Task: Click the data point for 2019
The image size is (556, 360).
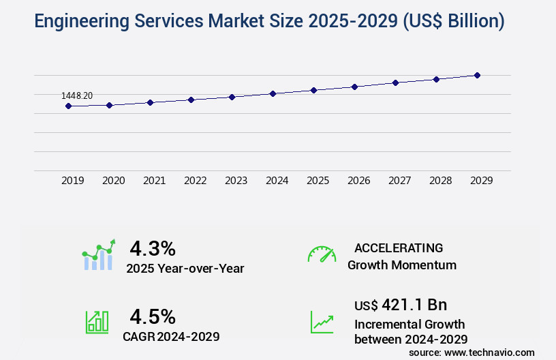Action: tap(68, 106)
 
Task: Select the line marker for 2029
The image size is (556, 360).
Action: tap(477, 75)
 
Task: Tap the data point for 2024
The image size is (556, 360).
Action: tap(273, 93)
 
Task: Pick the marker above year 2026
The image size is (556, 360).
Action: tap(354, 87)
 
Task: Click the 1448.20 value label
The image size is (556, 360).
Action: tap(77, 96)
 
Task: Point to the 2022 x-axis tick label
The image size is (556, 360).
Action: tap(195, 181)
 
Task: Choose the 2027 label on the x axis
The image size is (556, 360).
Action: tap(399, 181)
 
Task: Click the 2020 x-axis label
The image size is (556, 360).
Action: tap(113, 181)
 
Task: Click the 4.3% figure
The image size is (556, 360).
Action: tap(153, 247)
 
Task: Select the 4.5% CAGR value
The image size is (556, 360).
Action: tap(153, 316)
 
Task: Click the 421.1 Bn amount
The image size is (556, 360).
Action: tap(414, 305)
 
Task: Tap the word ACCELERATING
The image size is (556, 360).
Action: tap(399, 247)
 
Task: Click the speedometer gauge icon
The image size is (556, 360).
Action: tap(322, 254)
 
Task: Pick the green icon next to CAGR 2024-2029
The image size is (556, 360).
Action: tap(97, 322)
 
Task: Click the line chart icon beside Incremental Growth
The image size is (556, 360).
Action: tap(322, 322)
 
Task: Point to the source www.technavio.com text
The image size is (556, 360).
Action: tap(472, 352)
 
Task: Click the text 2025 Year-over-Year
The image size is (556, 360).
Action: tap(185, 269)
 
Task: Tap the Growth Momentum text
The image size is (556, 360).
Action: tap(402, 265)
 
